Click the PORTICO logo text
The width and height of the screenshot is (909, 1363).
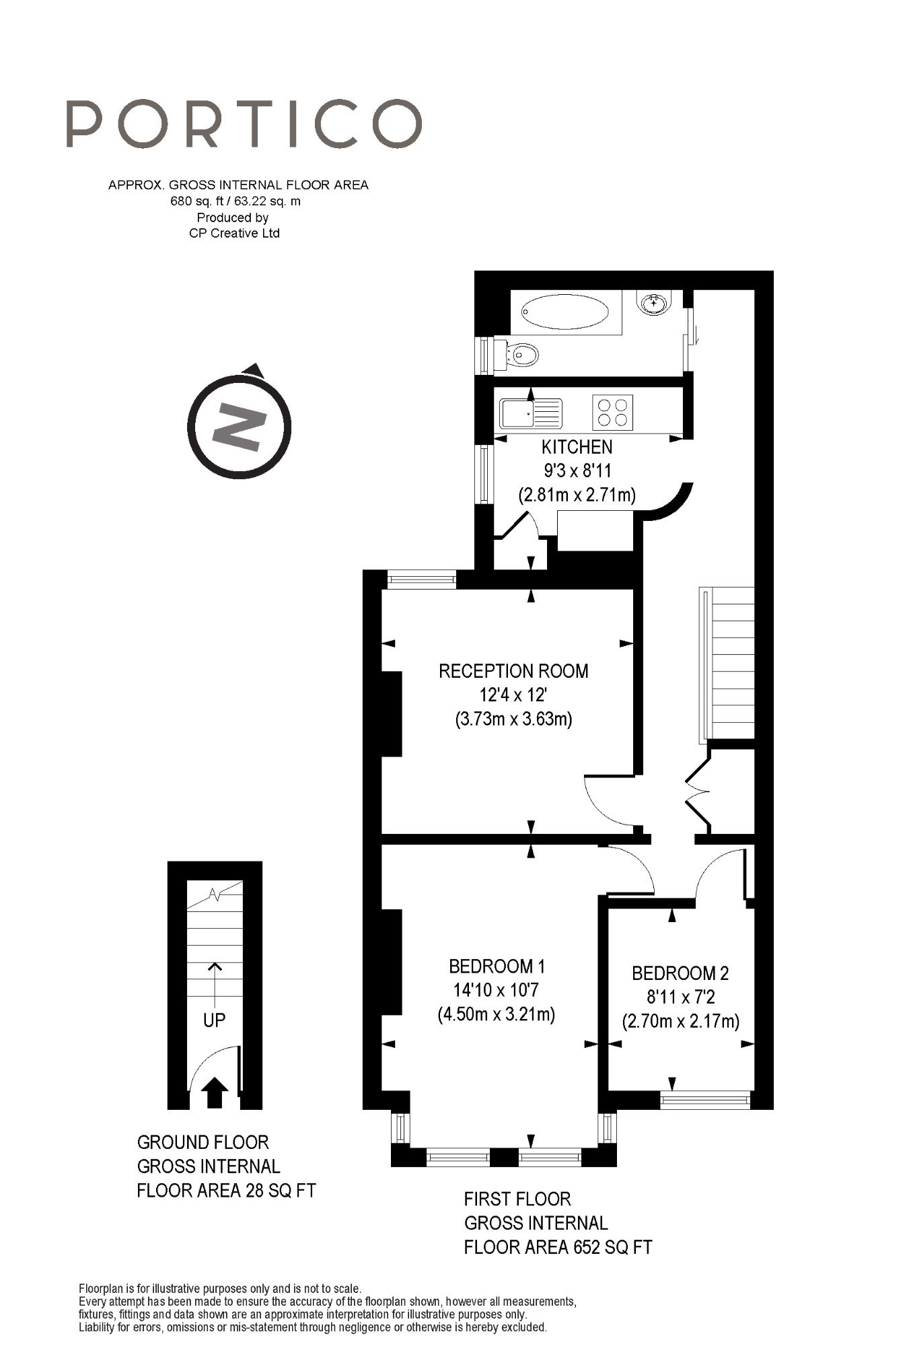tap(244, 124)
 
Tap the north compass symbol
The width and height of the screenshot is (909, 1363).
tap(239, 427)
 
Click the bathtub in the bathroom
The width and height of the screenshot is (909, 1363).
tap(565, 312)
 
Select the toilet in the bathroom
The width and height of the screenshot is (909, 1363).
tap(519, 354)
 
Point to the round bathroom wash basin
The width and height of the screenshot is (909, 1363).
tap(653, 304)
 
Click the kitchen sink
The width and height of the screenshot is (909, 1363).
tap(531, 412)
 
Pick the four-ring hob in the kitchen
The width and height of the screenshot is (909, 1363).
tap(613, 412)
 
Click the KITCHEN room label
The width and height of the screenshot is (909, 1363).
tap(577, 447)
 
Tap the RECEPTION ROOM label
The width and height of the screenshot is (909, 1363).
tap(513, 671)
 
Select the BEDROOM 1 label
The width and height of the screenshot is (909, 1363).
tap(497, 967)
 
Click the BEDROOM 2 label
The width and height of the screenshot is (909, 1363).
tap(680, 973)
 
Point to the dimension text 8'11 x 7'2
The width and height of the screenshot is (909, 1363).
tap(680, 997)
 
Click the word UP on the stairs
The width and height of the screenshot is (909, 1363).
tap(214, 1020)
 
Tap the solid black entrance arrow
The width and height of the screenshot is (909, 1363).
tap(215, 1092)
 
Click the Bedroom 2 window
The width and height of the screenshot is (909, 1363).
tap(704, 1100)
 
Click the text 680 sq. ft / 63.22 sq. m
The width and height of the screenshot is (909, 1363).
tap(235, 201)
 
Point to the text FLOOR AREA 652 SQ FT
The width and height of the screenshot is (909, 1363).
tap(558, 1247)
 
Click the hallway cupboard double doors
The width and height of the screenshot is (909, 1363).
tap(700, 792)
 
